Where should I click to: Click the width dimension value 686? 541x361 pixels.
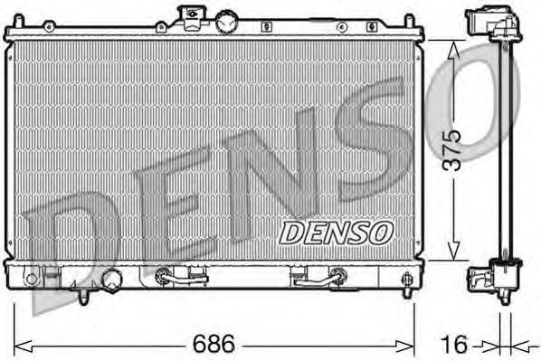click(214, 344)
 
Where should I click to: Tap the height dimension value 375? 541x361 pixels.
click(451, 150)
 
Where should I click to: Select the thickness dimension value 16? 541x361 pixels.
click(454, 344)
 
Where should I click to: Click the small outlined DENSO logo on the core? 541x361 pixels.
click(336, 233)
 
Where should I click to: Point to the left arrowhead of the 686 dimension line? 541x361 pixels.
click(23, 347)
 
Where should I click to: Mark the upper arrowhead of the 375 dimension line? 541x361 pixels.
click(453, 51)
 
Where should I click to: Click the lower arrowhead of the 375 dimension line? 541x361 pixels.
click(453, 251)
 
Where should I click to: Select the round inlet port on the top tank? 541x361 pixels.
click(226, 21)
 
